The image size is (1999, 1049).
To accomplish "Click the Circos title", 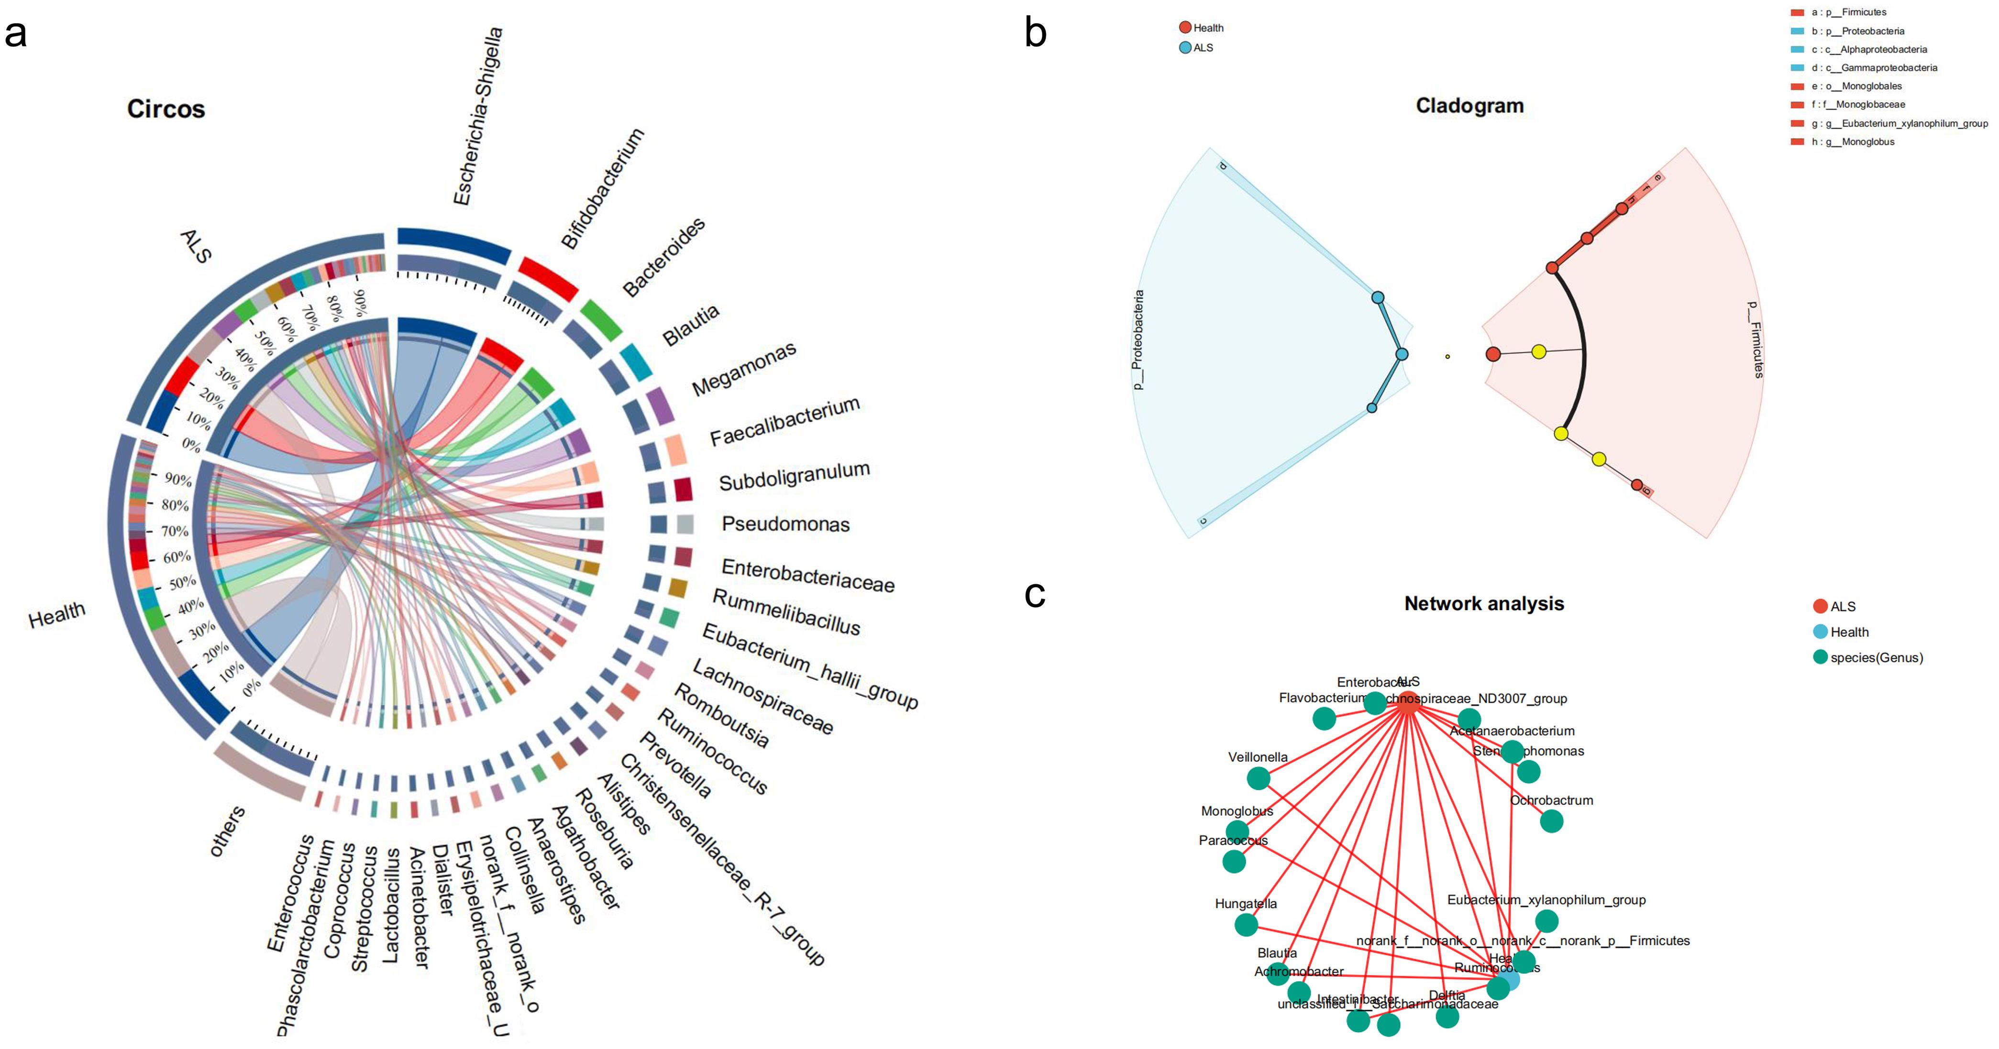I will tap(166, 109).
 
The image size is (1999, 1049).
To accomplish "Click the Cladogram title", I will tap(1469, 106).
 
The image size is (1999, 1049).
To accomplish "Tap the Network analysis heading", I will tap(1484, 604).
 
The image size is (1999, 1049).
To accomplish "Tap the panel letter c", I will tap(1035, 594).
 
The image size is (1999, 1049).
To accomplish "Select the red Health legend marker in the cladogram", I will tap(1185, 28).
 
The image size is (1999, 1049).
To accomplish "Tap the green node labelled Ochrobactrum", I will tap(1551, 821).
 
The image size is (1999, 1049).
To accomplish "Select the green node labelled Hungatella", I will tap(1246, 925).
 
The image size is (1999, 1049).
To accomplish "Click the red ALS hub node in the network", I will tap(1408, 703).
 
